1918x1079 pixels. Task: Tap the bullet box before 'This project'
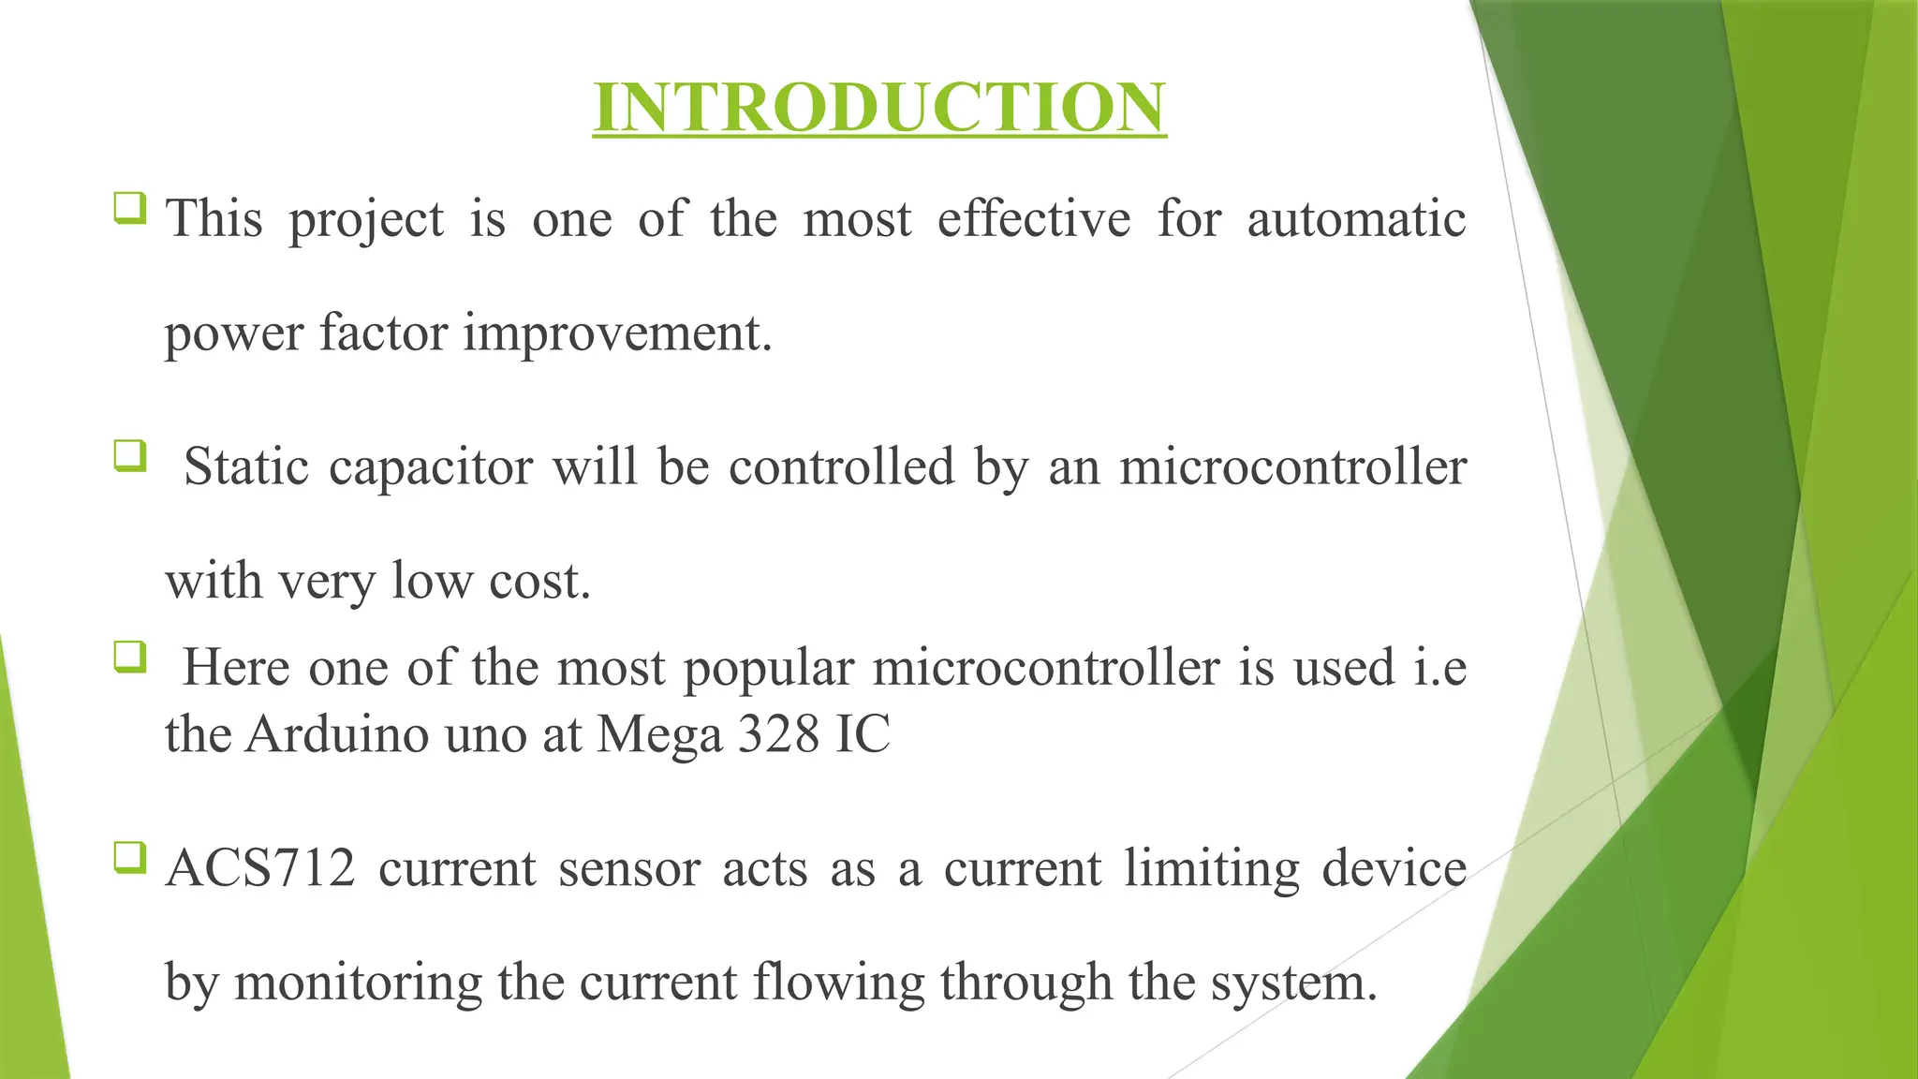click(x=130, y=207)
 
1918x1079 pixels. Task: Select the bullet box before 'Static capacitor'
click(x=130, y=456)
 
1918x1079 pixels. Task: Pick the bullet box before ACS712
click(x=130, y=857)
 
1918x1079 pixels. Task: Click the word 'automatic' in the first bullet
click(x=1356, y=219)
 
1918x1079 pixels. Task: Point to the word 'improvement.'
click(x=617, y=333)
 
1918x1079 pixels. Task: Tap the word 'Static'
click(x=245, y=466)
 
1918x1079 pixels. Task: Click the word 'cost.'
click(x=540, y=581)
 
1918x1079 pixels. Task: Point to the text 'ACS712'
click(x=260, y=868)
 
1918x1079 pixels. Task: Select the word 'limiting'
click(x=1212, y=868)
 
